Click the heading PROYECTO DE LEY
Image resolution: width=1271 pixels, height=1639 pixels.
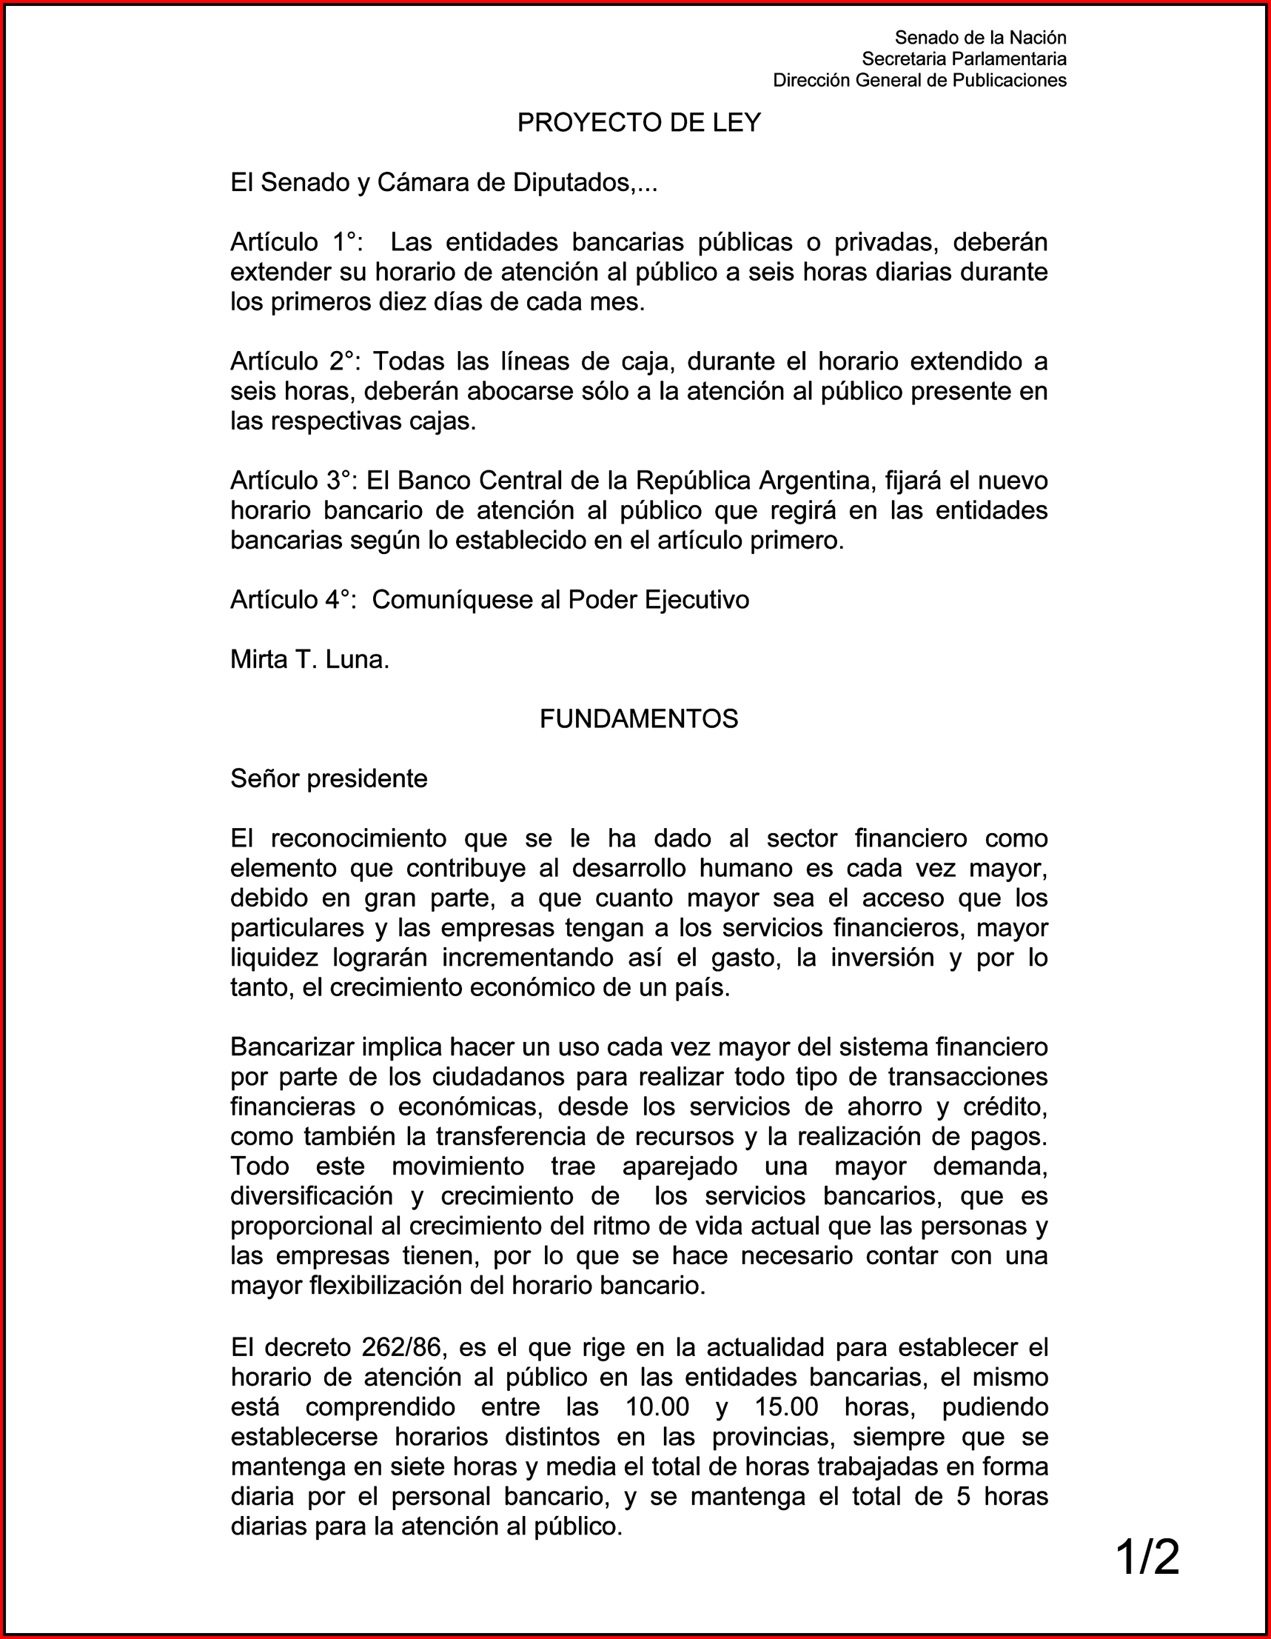[639, 122]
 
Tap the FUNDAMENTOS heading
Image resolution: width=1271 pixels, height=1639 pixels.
[639, 719]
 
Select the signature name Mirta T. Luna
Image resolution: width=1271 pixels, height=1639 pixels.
[309, 660]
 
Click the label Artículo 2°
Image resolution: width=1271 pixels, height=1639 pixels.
[295, 361]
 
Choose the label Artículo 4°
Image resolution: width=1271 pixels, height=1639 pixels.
[292, 600]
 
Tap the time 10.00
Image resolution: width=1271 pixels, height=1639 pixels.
[657, 1407]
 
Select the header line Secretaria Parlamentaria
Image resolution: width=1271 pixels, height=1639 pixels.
[963, 59]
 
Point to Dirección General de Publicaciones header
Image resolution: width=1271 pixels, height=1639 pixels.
[919, 80]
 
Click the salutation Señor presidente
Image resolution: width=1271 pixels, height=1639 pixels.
[329, 779]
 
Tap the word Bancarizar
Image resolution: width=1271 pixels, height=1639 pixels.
[292, 1047]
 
